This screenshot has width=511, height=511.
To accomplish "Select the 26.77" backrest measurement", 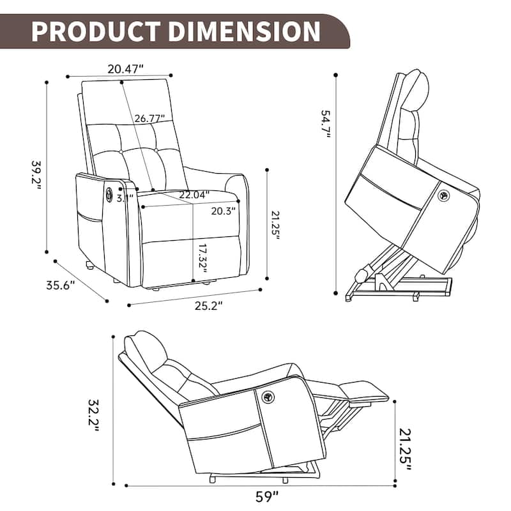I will pyautogui.click(x=149, y=118).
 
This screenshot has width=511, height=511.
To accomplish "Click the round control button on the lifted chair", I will pyautogui.click(x=441, y=196).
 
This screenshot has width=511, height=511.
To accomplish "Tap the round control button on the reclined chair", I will pyautogui.click(x=266, y=397).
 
